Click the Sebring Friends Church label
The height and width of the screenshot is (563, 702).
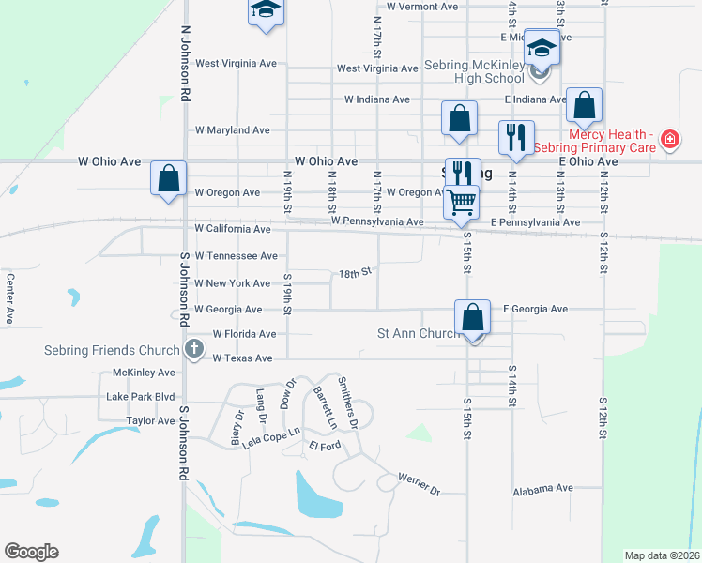coord(112,350)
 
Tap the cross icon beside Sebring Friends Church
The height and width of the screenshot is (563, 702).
coord(194,350)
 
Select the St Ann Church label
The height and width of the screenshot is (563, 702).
coord(418,333)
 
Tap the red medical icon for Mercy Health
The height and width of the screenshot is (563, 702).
coord(669,141)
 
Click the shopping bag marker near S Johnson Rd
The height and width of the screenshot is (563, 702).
coord(169,178)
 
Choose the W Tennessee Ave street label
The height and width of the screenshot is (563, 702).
coord(236,255)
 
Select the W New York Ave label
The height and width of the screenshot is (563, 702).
coord(232,283)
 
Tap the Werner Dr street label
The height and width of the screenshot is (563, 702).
coord(418,483)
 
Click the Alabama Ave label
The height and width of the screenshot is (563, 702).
coord(542,489)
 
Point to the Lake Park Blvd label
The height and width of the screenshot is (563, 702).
coord(141,397)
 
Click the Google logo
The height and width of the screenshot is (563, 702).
coord(31,552)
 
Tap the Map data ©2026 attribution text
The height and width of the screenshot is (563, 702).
coord(662,555)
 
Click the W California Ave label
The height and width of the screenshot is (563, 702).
coord(232,228)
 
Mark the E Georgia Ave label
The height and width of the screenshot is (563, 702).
coord(536,309)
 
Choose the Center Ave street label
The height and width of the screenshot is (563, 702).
coord(10,298)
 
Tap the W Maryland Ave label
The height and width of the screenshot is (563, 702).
coord(232,130)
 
